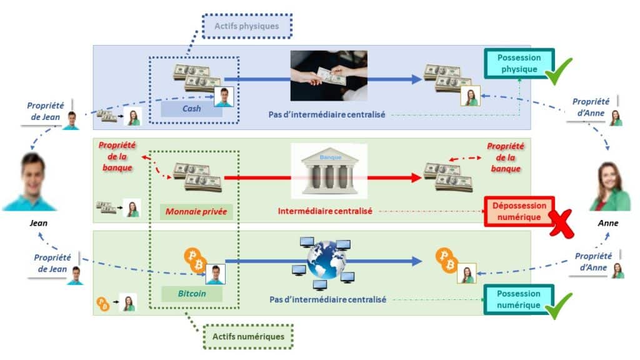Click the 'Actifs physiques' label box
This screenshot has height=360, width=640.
pos(246,26)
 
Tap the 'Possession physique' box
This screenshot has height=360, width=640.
pos(519,63)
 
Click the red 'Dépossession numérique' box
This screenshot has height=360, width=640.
pos(518,211)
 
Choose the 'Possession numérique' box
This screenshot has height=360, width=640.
pos(518,299)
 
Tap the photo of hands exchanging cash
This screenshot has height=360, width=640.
pos(328,76)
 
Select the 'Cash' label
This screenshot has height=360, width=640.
pos(191,109)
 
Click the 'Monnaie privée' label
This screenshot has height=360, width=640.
pos(196,212)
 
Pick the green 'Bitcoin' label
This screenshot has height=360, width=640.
pos(191,292)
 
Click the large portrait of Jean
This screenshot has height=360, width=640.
pos(29,182)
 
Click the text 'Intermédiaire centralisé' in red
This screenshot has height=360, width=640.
pos(325,211)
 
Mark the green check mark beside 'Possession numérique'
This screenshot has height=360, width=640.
pos(559,306)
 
